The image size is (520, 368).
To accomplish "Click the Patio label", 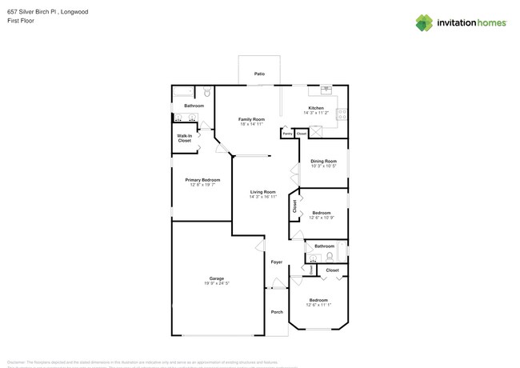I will [x=259, y=74].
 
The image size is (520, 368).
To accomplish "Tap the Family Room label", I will [x=251, y=119].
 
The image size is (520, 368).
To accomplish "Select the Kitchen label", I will [x=316, y=108].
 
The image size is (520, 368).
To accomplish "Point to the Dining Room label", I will [x=323, y=161].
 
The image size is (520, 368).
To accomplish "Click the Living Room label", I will [x=262, y=191].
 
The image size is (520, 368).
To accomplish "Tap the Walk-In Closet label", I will [x=184, y=138].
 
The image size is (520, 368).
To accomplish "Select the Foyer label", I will [x=277, y=262].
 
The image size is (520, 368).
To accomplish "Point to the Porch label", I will [x=277, y=312].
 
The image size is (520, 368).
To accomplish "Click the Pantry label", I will [x=286, y=134].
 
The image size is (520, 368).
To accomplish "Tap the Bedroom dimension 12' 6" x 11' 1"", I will [x=318, y=305].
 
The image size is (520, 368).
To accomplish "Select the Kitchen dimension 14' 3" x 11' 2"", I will [x=316, y=113].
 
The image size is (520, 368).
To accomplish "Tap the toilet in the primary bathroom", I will [x=206, y=92].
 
